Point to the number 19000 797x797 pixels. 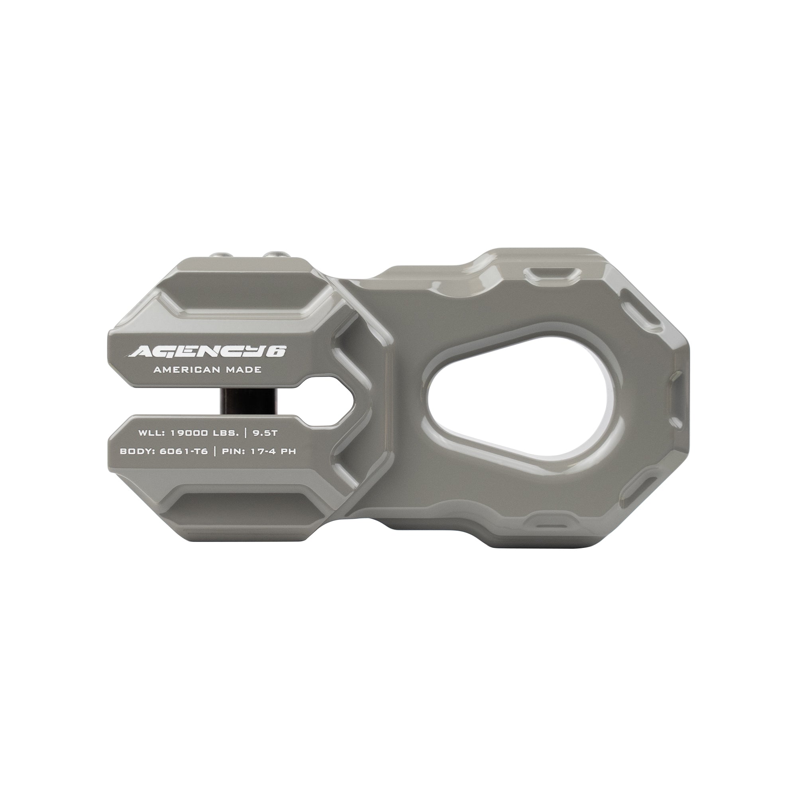pyautogui.click(x=188, y=433)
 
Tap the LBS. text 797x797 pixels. pyautogui.click(x=224, y=433)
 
